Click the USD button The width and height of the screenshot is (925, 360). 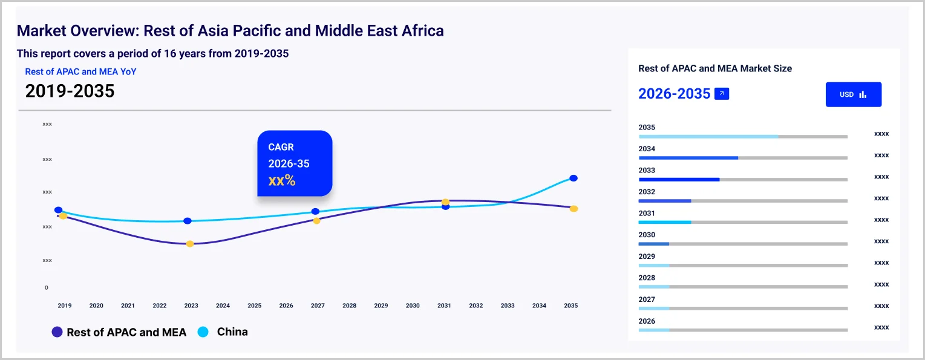click(x=853, y=94)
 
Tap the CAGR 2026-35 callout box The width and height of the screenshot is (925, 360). click(x=295, y=163)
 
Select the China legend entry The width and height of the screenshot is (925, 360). click(x=223, y=332)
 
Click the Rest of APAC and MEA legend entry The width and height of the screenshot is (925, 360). click(x=119, y=332)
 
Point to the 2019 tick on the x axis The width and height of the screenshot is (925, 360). click(x=65, y=306)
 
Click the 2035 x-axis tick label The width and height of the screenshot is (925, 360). click(x=570, y=306)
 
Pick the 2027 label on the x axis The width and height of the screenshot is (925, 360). click(x=318, y=306)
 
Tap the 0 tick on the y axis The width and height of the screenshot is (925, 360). click(x=47, y=287)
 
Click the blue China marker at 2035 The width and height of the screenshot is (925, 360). click(x=574, y=178)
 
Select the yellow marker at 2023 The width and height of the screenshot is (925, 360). click(x=190, y=244)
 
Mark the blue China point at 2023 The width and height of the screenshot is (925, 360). click(x=188, y=221)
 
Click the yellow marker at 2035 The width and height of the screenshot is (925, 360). click(x=574, y=209)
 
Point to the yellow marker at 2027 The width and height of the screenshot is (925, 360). click(x=316, y=220)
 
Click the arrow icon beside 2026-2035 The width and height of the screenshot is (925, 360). click(x=722, y=94)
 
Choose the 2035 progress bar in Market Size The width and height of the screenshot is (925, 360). click(x=743, y=137)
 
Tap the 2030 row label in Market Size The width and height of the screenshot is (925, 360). click(x=647, y=235)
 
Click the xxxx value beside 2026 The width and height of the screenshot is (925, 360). click(x=881, y=327)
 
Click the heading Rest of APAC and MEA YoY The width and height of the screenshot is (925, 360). click(x=80, y=71)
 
